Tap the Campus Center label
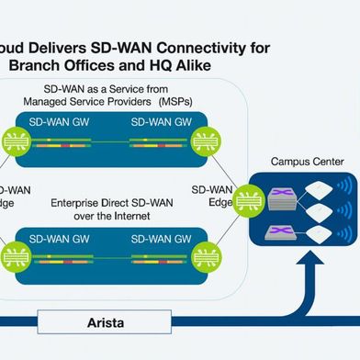[307, 162]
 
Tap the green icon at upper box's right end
[204, 139]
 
